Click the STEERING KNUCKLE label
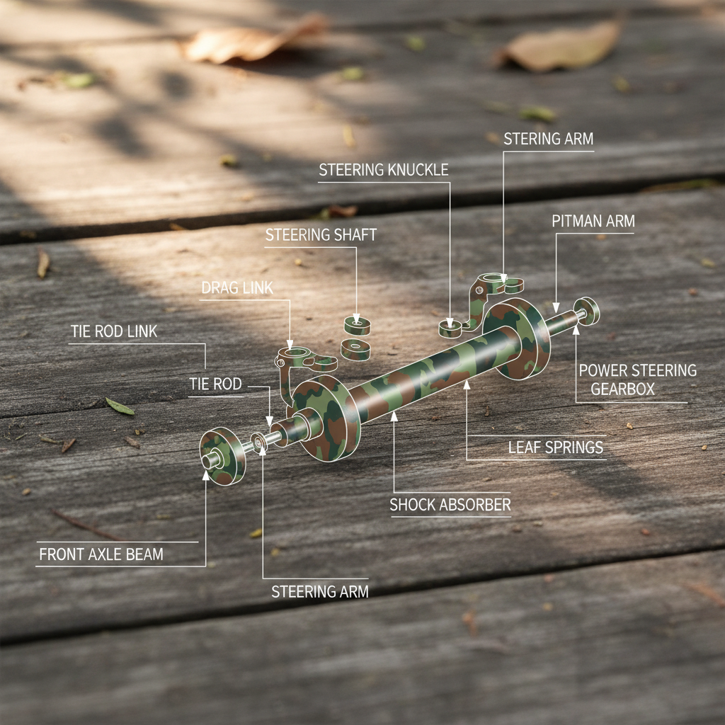[x=383, y=170]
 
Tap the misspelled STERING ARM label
[x=548, y=139]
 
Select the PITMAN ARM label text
[x=593, y=221]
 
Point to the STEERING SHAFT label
[x=321, y=235]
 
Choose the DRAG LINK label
[x=237, y=287]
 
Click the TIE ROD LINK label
[x=114, y=331]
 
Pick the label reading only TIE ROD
[x=215, y=384]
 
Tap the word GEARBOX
[x=623, y=389]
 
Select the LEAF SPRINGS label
[x=556, y=447]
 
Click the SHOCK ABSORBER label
[x=450, y=505]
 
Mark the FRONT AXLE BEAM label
[x=101, y=554]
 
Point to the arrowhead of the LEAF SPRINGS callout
[x=467, y=384]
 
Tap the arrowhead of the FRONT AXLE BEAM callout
[x=206, y=473]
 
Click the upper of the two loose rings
[x=358, y=326]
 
